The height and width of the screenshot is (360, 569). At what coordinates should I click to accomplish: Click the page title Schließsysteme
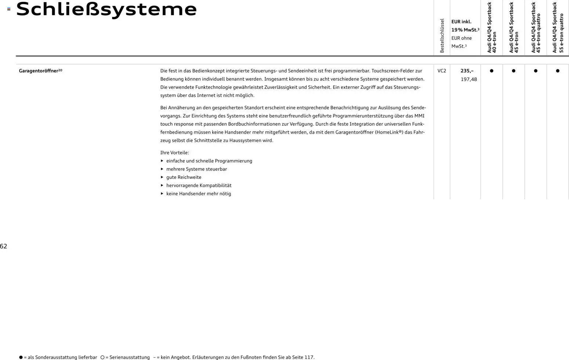pyautogui.click(x=106, y=10)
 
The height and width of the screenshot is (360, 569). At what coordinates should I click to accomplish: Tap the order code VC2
pyautogui.click(x=442, y=71)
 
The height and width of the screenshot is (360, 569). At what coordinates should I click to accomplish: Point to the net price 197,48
pyautogui.click(x=469, y=79)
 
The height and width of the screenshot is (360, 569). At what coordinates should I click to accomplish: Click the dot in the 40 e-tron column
pyautogui.click(x=492, y=71)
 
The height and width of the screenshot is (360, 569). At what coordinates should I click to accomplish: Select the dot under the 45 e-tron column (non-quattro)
pyautogui.click(x=514, y=71)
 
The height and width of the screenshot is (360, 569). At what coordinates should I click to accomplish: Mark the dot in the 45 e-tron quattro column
pyautogui.click(x=536, y=71)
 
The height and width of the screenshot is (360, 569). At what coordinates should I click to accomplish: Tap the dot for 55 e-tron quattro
pyautogui.click(x=558, y=71)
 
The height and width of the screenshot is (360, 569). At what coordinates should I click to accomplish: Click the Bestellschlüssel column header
pyautogui.click(x=442, y=36)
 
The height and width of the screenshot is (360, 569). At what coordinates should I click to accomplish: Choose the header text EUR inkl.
pyautogui.click(x=461, y=22)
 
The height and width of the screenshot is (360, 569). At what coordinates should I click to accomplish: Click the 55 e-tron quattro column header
pyautogui.click(x=558, y=28)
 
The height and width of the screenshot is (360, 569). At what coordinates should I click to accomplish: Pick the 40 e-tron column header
pyautogui.click(x=492, y=28)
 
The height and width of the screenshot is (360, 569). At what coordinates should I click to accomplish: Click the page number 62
pyautogui.click(x=4, y=246)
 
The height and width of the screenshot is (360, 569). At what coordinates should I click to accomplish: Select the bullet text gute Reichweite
pyautogui.click(x=184, y=177)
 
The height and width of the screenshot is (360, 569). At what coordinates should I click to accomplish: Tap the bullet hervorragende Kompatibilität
pyautogui.click(x=199, y=185)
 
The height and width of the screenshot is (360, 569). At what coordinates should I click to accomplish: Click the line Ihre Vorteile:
pyautogui.click(x=174, y=153)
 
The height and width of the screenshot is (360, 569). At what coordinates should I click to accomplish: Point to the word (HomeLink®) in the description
pyautogui.click(x=389, y=132)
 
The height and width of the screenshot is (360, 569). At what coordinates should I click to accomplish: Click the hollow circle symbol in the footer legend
pyautogui.click(x=102, y=357)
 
